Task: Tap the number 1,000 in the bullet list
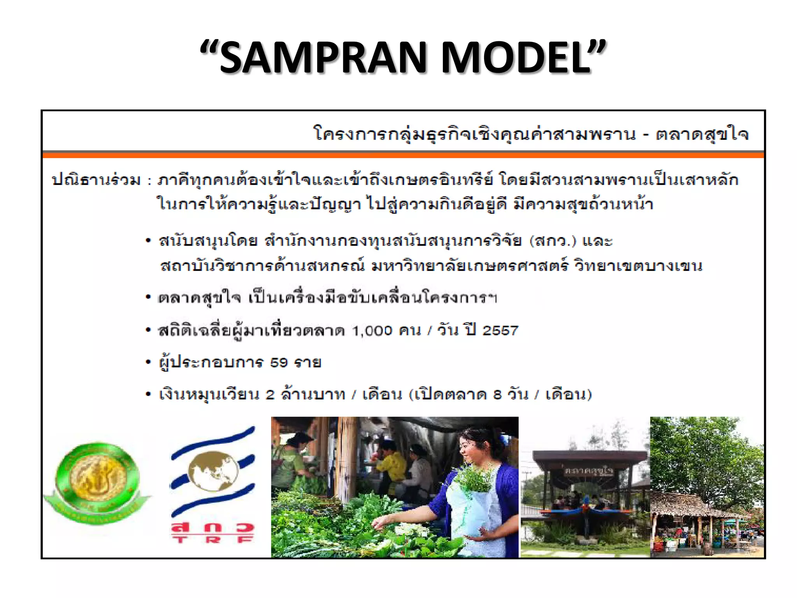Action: click(x=372, y=331)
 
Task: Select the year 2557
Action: click(x=500, y=331)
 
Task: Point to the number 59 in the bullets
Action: click(x=279, y=363)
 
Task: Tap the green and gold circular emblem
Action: click(x=97, y=483)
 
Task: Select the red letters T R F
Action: click(x=213, y=540)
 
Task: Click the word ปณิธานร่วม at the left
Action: click(x=96, y=180)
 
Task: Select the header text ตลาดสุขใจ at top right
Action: click(x=702, y=134)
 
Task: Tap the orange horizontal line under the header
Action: click(x=403, y=155)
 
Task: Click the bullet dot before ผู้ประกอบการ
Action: click(x=148, y=363)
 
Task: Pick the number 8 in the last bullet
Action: click(x=497, y=395)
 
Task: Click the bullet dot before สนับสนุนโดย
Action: click(x=148, y=241)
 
